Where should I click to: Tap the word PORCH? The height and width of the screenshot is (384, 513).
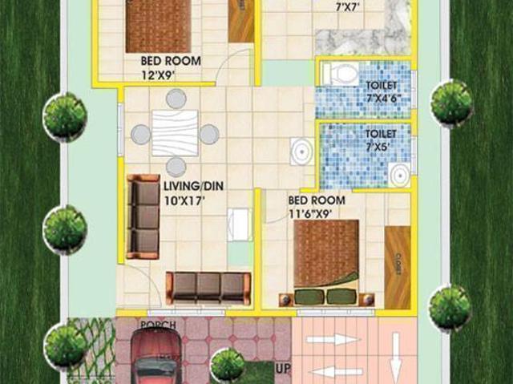[x=158, y=325]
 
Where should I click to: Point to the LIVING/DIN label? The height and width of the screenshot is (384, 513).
[x=193, y=185]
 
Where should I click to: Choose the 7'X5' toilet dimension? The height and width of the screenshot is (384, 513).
[x=380, y=148]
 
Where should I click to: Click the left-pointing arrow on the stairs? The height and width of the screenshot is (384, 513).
[x=333, y=370]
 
